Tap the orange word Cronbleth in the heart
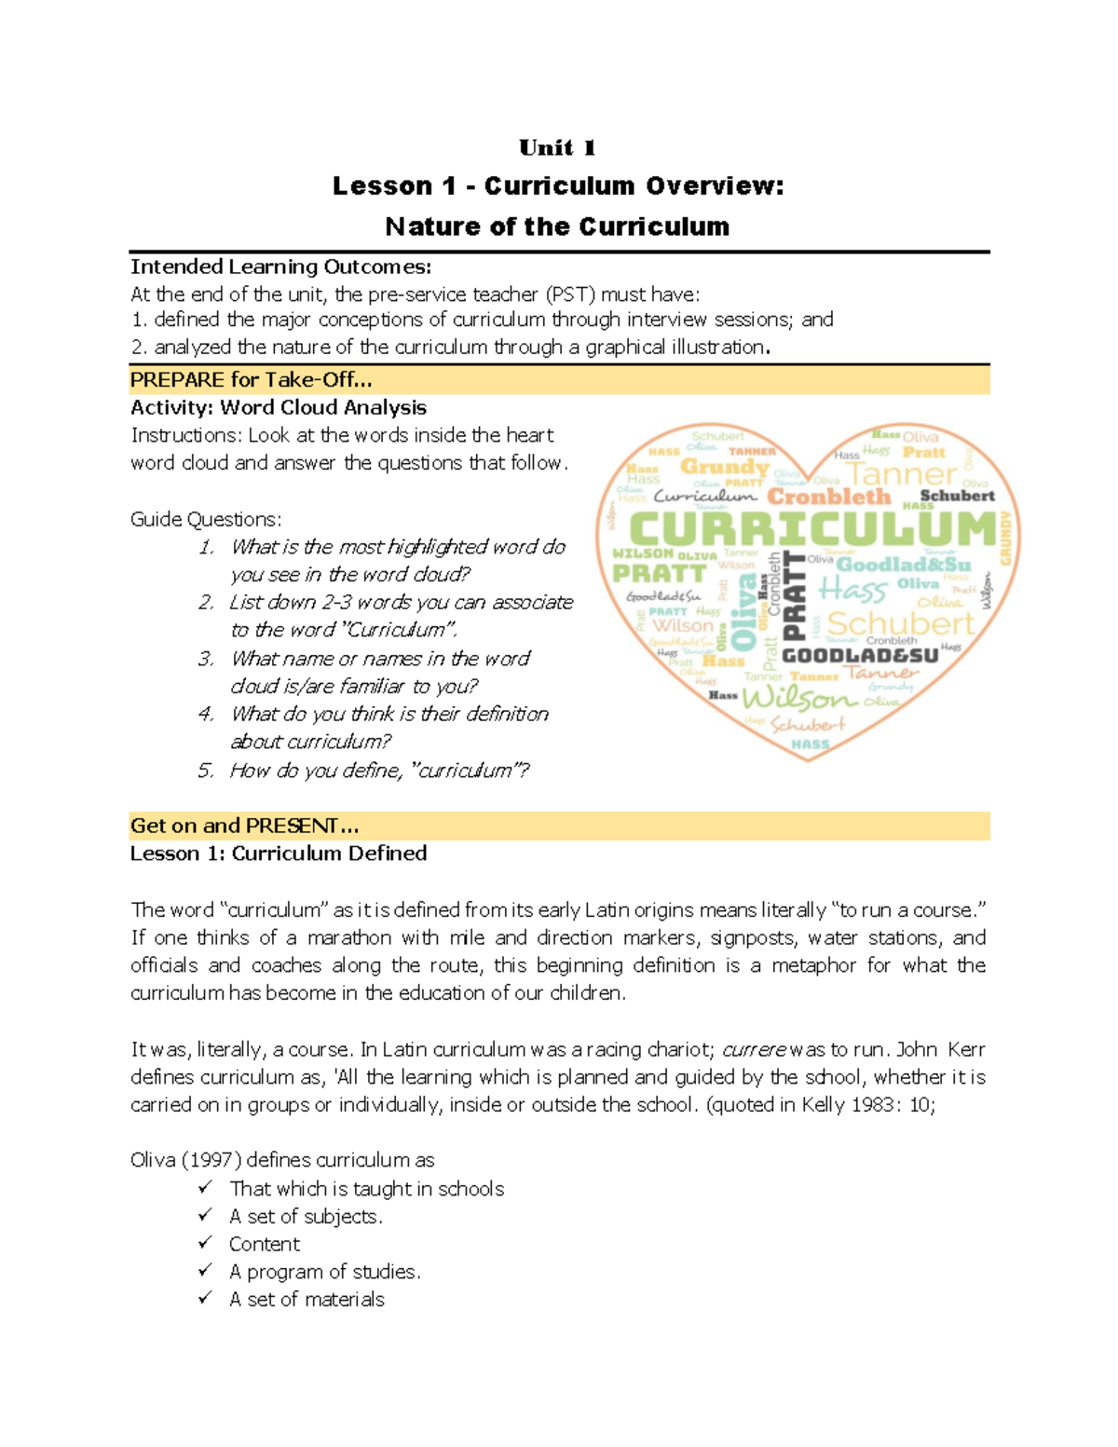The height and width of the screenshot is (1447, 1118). click(828, 497)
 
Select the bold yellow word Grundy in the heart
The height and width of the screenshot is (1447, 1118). click(724, 466)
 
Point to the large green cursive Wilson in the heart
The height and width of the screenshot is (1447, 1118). click(798, 697)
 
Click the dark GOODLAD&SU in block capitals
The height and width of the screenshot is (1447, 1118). click(859, 656)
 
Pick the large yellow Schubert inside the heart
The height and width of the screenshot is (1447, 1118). click(900, 623)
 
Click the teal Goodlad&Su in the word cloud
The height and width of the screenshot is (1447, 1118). click(903, 565)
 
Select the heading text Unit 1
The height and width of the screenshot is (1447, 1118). click(557, 147)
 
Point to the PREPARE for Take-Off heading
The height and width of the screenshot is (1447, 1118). click(251, 380)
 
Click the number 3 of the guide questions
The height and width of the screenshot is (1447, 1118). click(206, 659)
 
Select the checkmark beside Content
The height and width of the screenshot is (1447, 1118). click(205, 1243)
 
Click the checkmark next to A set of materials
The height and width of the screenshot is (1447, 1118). click(205, 1298)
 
